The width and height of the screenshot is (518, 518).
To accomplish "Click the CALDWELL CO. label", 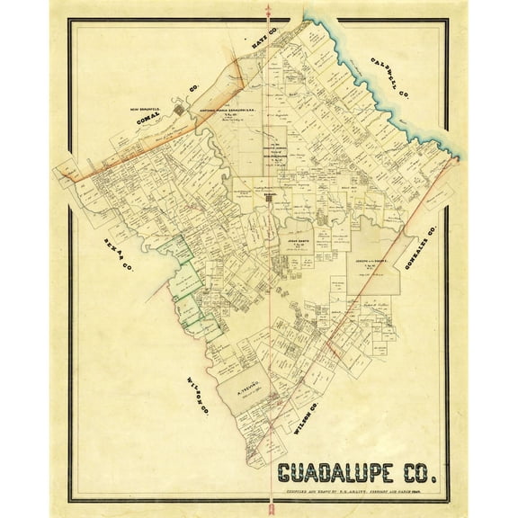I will [x=388, y=78].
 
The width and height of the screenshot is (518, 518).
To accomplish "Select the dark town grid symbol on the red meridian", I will [x=267, y=196].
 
